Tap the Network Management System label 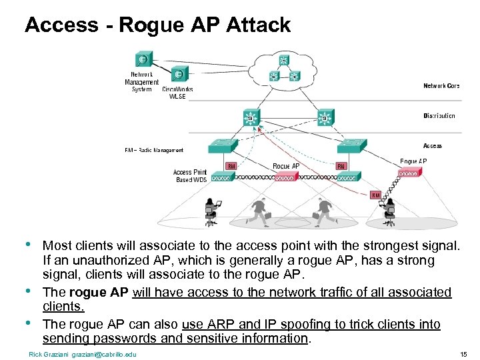(141, 82)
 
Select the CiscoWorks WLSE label (177, 93)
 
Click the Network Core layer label (441, 86)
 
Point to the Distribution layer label (439, 116)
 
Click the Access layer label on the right (432, 145)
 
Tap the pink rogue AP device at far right (409, 173)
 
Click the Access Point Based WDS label (190, 176)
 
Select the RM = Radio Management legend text (153, 151)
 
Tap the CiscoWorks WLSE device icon (178, 74)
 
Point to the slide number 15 (463, 354)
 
